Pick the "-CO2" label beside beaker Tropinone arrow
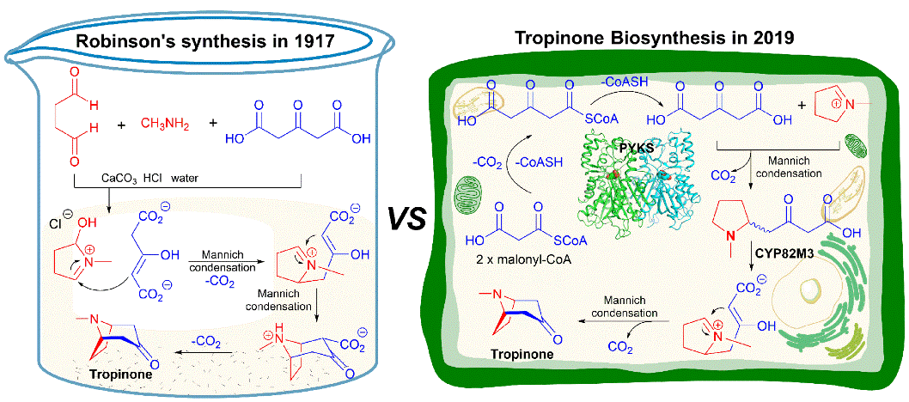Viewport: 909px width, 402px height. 204,340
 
